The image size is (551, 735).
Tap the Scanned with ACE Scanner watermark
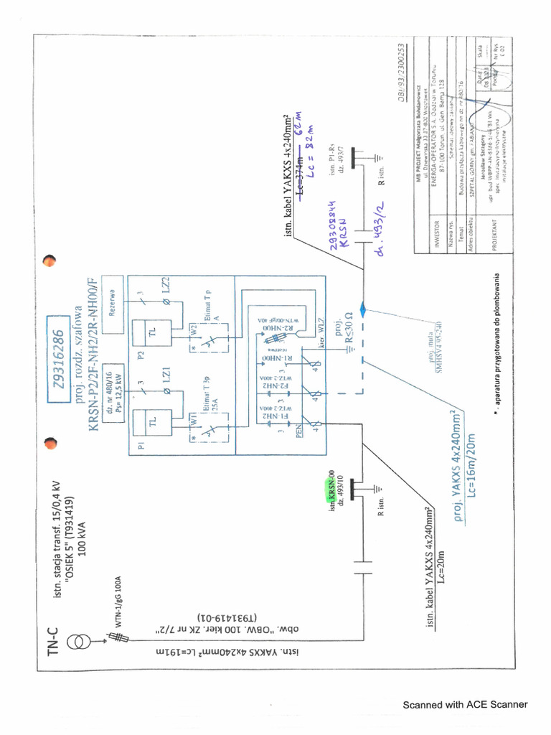465,704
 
